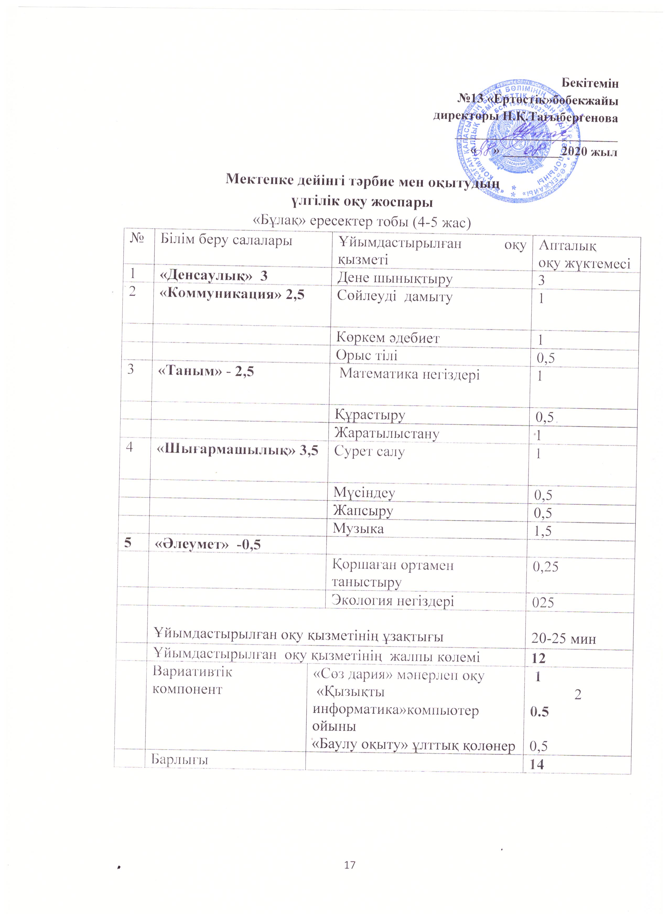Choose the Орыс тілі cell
click(x=366, y=355)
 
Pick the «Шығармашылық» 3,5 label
click(x=237, y=451)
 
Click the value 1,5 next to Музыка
click(x=543, y=531)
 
